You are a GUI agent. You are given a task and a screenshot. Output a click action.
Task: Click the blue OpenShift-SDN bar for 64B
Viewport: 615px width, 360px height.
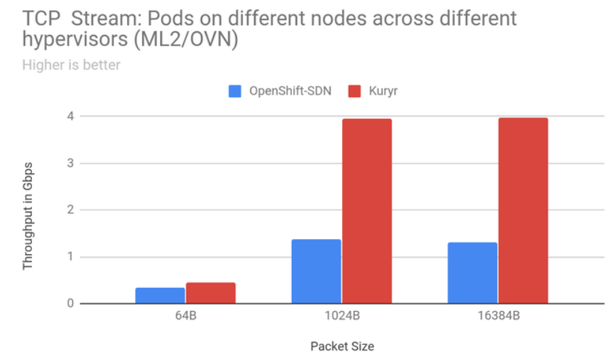click(x=160, y=295)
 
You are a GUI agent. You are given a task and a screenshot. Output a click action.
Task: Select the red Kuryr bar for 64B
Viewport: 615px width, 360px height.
click(x=210, y=293)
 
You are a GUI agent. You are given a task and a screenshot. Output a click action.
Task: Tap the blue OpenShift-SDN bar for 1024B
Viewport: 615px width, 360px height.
click(x=316, y=271)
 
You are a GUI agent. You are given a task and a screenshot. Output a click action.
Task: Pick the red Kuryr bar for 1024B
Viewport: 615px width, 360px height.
click(x=367, y=211)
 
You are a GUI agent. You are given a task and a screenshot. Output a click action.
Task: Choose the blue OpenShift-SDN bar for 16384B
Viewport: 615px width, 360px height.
click(x=472, y=272)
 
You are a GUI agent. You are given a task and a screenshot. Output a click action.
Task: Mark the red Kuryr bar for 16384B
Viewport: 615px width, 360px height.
click(x=523, y=211)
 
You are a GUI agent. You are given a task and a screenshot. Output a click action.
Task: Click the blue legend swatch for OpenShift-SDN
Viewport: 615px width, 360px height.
click(x=235, y=90)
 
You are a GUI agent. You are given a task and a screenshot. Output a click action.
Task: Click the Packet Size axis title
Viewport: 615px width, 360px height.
click(x=342, y=346)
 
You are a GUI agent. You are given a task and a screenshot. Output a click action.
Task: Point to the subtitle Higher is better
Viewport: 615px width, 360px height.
click(x=71, y=65)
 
